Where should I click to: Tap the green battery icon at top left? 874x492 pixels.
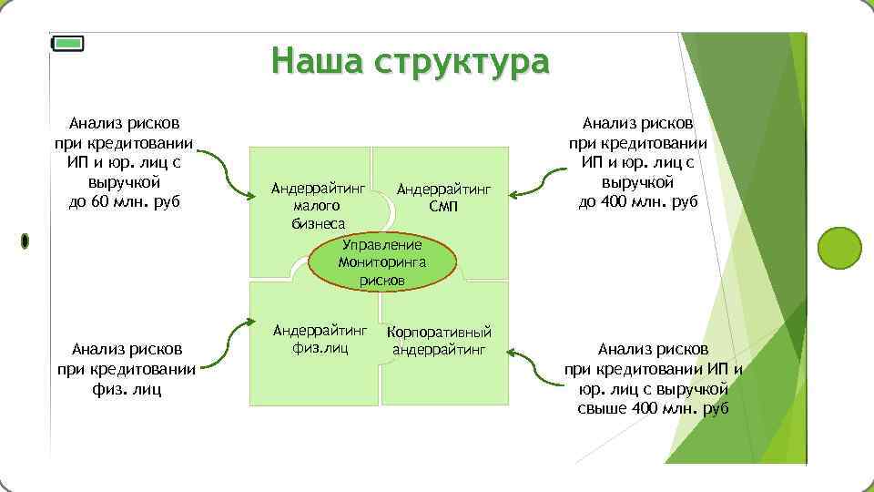pyautogui.click(x=67, y=43)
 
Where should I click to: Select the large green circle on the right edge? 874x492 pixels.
pyautogui.click(x=838, y=247)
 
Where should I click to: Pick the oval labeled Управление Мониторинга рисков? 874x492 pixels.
pyautogui.click(x=381, y=262)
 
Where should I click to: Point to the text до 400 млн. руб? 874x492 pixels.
pyautogui.click(x=637, y=201)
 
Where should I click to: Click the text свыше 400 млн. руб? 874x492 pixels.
pyautogui.click(x=653, y=407)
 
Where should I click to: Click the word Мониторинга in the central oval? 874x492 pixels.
pyautogui.click(x=381, y=262)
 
